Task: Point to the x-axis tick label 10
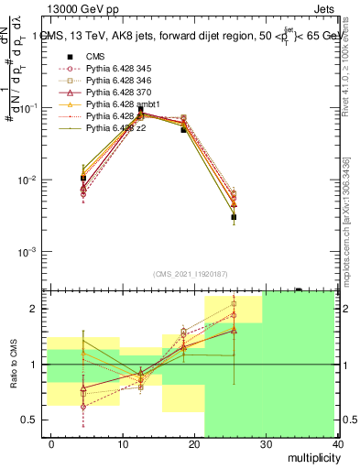(123, 443)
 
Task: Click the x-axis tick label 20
(194, 443)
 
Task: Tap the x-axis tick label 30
(266, 443)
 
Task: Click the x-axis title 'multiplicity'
(311, 458)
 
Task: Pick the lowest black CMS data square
(234, 217)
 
